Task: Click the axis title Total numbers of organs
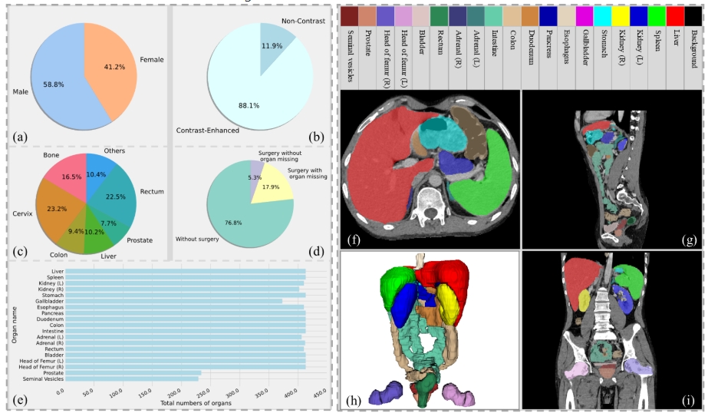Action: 195,402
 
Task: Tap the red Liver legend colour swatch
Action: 675,15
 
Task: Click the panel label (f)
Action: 354,237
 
